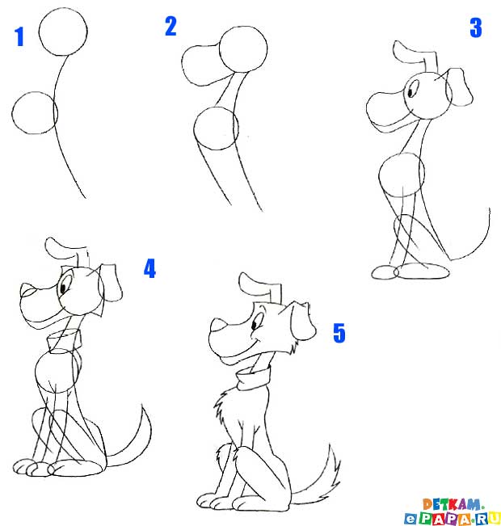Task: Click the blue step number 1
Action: coord(19,37)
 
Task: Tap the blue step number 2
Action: coord(171,26)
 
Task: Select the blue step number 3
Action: coord(476,27)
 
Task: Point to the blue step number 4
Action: coord(150,268)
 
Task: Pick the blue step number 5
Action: coord(339,333)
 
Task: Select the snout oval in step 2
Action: coord(183,65)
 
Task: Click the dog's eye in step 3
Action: coord(410,91)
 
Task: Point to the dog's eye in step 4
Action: coord(63,288)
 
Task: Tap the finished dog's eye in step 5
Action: coord(254,324)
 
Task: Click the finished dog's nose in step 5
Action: coord(218,325)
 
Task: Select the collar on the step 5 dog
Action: coord(254,379)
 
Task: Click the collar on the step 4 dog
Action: coord(65,339)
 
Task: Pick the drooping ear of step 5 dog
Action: coord(303,320)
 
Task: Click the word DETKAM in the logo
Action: coord(452,504)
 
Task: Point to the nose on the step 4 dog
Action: coord(27,290)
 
